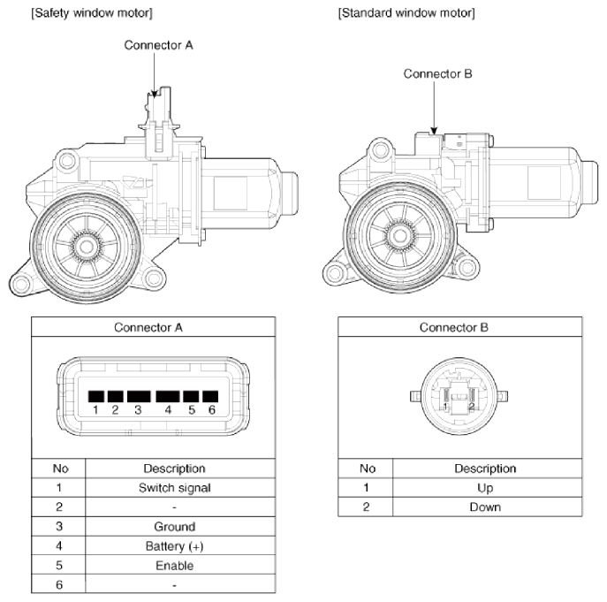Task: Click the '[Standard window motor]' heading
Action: pos(406,13)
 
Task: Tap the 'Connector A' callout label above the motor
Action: pos(158,46)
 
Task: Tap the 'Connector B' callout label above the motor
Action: pos(438,73)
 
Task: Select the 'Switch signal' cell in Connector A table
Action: pos(174,487)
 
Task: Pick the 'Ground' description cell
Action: pos(174,526)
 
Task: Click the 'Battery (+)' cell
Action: pos(174,545)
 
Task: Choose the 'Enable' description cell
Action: pos(174,565)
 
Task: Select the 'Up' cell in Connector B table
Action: pos(484,487)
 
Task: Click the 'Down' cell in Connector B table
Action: pos(484,507)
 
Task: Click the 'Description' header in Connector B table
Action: pos(484,468)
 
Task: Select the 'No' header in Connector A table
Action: pos(59,468)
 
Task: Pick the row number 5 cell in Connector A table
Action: pos(59,565)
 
